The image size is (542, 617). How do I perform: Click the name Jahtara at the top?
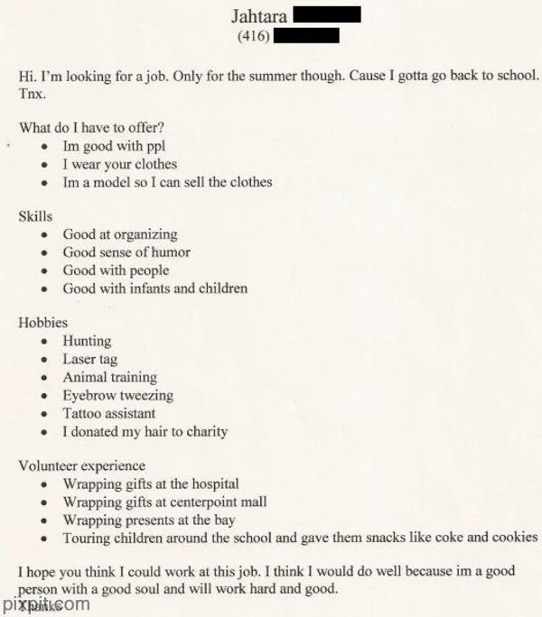259,15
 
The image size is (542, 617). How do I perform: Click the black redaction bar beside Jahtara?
328,14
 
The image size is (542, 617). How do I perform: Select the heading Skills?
35,216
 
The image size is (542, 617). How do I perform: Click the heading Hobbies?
42,322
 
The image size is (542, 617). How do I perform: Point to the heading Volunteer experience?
81,465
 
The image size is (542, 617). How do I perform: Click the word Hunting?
87,341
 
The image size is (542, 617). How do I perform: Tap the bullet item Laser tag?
89,359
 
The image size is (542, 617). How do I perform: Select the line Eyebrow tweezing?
117,395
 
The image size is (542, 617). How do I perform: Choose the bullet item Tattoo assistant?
108,413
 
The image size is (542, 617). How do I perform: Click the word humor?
169,253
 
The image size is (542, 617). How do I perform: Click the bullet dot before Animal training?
45,378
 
